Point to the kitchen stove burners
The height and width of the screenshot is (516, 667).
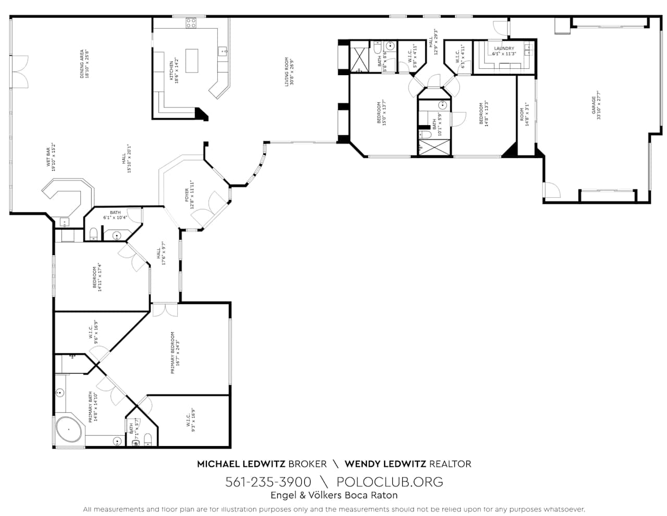tap(191, 22)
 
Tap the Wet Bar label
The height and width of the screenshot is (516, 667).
tap(51, 156)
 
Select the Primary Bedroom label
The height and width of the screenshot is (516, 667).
tap(175, 353)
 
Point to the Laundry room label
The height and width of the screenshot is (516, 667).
tap(504, 51)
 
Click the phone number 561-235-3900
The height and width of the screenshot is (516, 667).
tap(268, 482)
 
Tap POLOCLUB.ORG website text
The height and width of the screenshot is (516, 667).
tap(390, 482)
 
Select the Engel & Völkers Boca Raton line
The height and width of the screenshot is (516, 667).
tap(333, 496)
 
